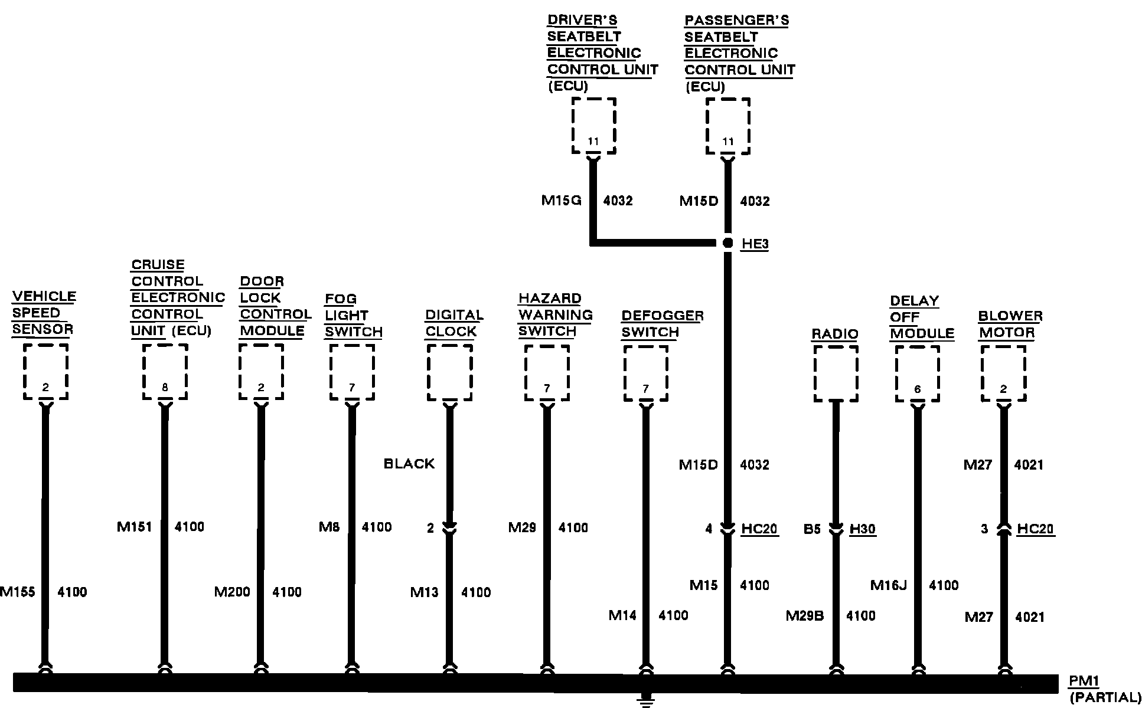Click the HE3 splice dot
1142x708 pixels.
(727, 243)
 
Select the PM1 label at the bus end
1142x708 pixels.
(1084, 681)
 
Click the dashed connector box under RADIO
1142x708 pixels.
(836, 373)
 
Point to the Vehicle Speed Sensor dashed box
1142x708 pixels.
(45, 372)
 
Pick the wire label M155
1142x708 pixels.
(18, 592)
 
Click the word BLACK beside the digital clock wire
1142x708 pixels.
(409, 464)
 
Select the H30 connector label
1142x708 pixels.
(862, 529)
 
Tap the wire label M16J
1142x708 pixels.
(888, 585)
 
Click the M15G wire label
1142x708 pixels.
(561, 201)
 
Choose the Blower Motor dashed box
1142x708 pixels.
(1003, 373)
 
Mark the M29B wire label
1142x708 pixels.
(804, 616)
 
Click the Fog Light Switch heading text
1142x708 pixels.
(353, 316)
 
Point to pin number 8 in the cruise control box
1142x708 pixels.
(165, 388)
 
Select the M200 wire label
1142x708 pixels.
(232, 592)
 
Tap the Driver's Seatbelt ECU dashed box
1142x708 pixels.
(593, 126)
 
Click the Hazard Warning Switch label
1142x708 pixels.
(555, 315)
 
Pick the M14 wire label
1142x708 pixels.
(622, 616)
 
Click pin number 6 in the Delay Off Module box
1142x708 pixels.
(917, 389)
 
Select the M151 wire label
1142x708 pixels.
(135, 527)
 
